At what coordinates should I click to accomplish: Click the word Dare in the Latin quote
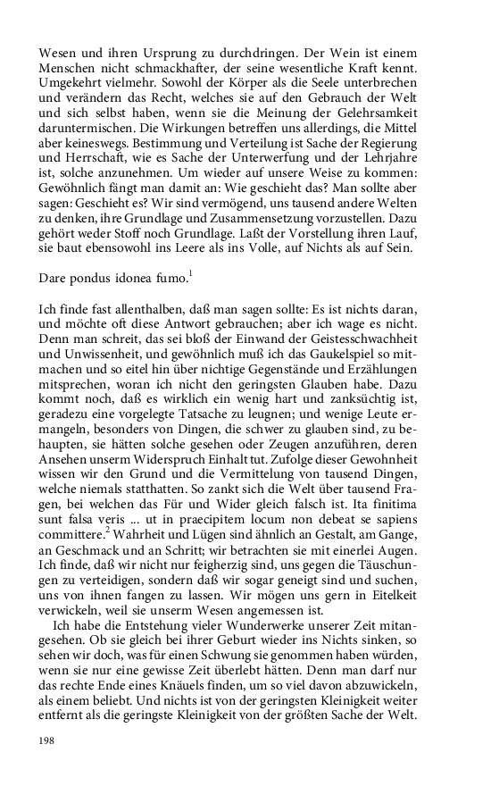[54, 279]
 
